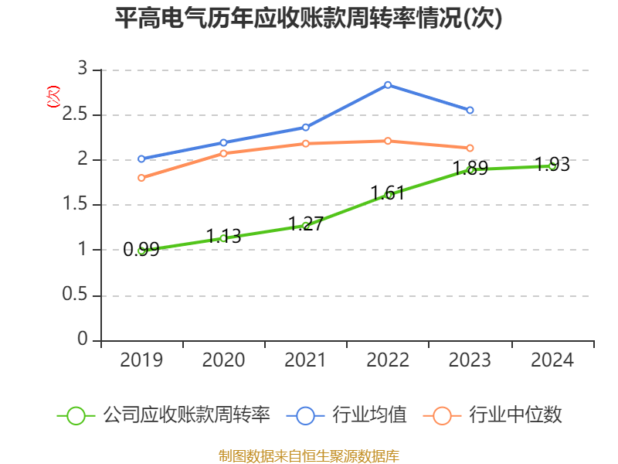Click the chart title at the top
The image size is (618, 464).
coord(308,18)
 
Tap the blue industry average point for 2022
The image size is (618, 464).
coord(388,85)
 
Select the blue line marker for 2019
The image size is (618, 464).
coord(141,159)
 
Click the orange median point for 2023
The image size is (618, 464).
coord(470,148)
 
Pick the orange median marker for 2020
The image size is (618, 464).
coord(223,153)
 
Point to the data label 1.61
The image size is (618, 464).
coord(388,193)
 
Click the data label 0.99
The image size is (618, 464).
coord(141,249)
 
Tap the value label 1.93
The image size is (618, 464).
coord(552,164)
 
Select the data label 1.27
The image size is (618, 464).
coord(306,223)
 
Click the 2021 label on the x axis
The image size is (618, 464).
coord(305,360)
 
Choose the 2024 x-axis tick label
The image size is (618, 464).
coord(552,360)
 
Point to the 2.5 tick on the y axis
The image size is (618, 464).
coord(75,114)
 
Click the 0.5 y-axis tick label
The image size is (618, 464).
coord(75,295)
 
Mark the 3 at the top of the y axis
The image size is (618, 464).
coord(83,69)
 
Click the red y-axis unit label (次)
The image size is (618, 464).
coord(53,97)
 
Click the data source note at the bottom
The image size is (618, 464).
coord(309,456)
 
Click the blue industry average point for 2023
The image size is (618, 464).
coord(470,110)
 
